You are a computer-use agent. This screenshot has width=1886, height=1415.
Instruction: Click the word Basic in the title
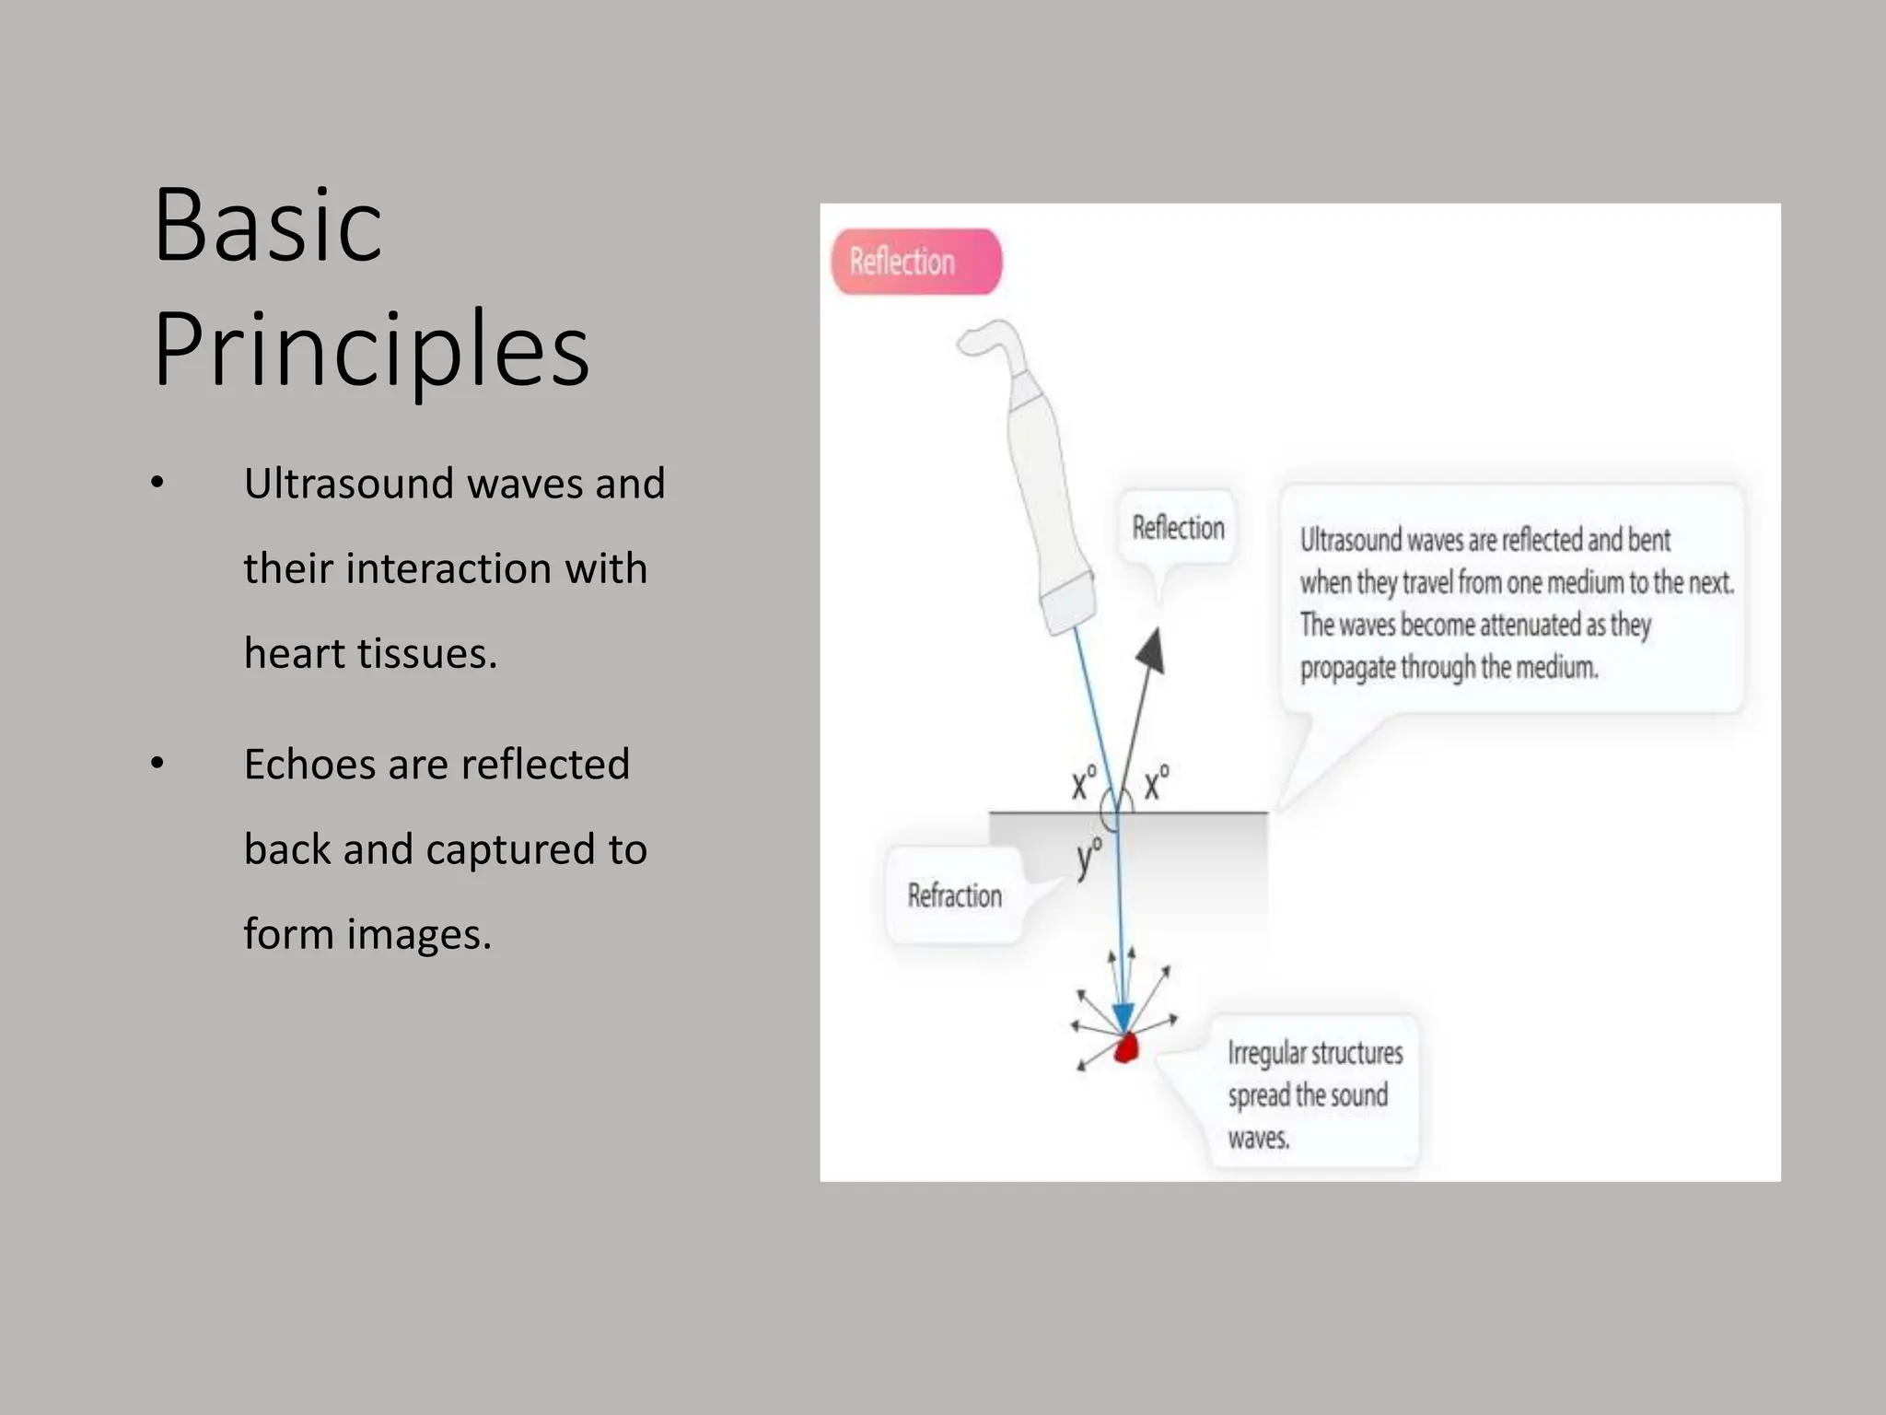coord(267,226)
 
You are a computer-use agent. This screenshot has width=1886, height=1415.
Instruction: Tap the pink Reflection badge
coord(915,262)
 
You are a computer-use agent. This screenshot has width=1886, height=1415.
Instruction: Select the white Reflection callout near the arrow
coord(1177,528)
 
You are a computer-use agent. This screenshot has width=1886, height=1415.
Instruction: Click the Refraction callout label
coord(954,895)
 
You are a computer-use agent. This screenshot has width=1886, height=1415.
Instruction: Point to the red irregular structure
coord(1126,1048)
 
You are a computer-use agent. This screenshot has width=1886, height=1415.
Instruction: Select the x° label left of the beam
coord(1083,783)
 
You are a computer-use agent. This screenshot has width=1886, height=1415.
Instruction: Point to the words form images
coord(367,934)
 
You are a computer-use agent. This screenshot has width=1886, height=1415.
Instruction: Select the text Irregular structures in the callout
coord(1315,1053)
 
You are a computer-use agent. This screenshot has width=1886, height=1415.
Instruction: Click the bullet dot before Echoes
coord(157,764)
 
